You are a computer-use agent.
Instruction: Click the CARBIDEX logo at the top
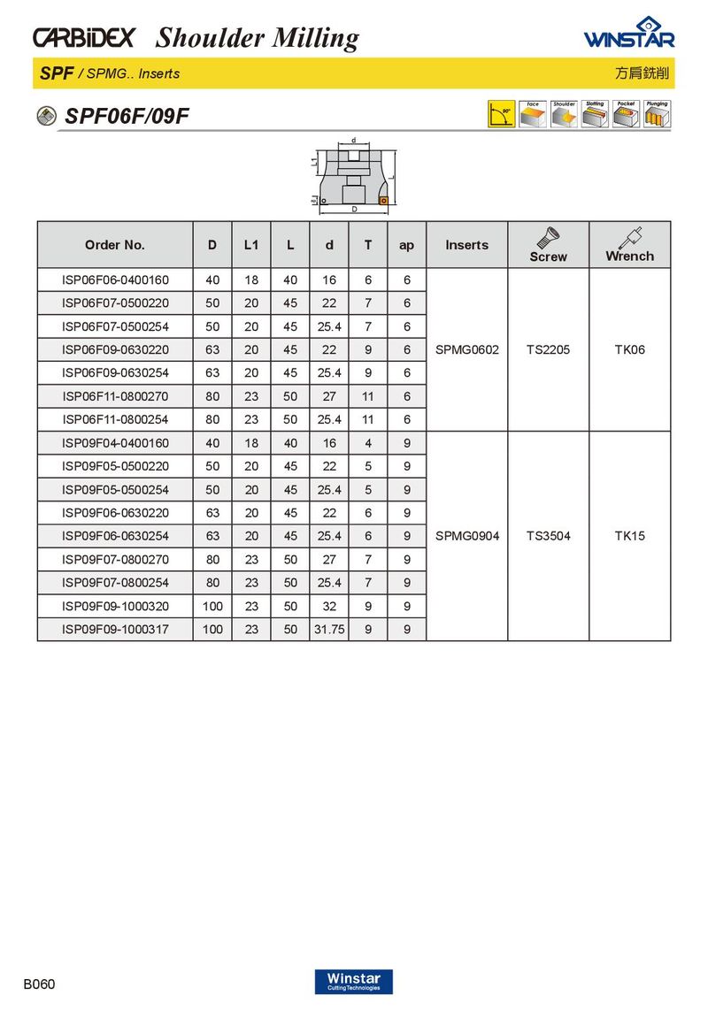coord(83,38)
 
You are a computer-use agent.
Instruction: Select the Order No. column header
coord(115,245)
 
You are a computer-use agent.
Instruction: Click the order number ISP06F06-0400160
coord(115,280)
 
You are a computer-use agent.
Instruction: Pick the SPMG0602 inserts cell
coord(467,349)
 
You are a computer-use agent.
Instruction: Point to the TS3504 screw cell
coord(548,536)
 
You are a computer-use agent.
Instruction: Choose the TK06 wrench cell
coord(629,349)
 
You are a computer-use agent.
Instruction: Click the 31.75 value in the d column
coord(329,630)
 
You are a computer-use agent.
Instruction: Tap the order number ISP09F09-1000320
coord(115,607)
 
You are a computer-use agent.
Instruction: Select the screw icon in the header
coord(548,238)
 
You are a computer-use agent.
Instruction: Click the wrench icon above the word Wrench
coord(630,237)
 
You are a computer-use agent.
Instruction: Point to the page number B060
coord(39,983)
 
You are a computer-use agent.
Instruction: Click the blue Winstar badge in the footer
coord(353,982)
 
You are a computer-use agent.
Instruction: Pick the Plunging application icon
coord(657,114)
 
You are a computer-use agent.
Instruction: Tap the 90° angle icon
coord(501,114)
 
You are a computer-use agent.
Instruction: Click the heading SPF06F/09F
coord(127,117)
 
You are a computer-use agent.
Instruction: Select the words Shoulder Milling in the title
coord(258,38)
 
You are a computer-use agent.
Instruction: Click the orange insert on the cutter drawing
coord(383,201)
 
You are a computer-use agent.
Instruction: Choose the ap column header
coord(406,245)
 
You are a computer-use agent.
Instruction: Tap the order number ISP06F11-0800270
coord(115,396)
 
